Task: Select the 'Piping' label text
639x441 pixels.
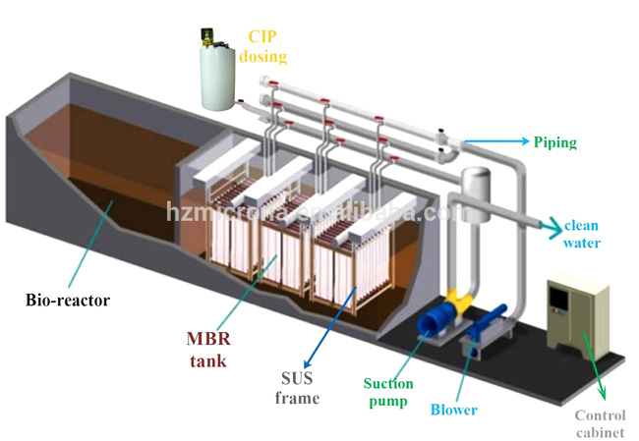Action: [x=554, y=142]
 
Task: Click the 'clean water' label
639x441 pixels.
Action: [x=582, y=235]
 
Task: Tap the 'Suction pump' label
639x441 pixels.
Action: [x=388, y=392]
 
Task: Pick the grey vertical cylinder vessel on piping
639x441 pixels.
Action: [x=478, y=193]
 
